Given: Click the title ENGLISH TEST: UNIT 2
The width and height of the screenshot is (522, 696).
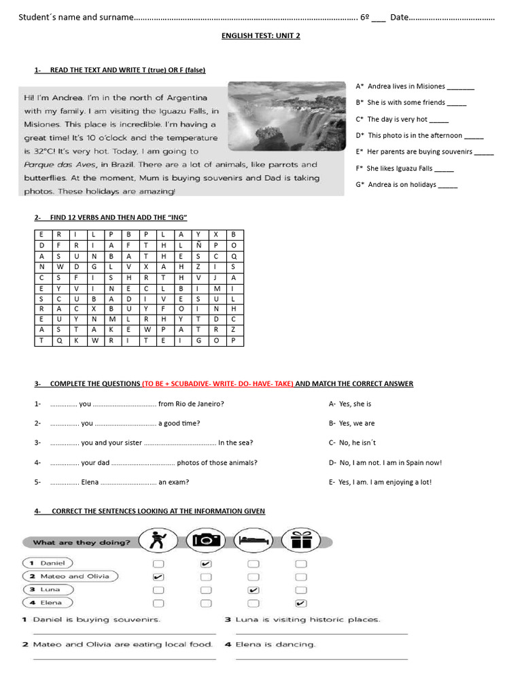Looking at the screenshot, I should pos(260,36).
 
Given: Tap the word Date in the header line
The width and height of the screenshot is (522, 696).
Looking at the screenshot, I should pos(399,17).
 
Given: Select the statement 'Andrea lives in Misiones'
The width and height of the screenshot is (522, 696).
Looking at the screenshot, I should pos(406,86).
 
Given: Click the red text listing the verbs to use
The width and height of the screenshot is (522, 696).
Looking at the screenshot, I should pos(217,384).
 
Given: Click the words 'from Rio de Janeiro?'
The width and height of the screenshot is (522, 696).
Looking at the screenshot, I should pos(191,404).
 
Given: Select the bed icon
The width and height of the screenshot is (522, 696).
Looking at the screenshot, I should pos(253,540).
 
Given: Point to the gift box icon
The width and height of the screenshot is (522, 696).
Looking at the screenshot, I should pos(300,540).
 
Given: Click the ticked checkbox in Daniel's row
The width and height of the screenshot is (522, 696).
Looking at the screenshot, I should pos(206,564).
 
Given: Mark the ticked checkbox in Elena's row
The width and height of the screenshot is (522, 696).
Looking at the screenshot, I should pos(301,603).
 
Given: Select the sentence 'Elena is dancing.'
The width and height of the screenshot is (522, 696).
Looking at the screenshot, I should pos(275,644).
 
